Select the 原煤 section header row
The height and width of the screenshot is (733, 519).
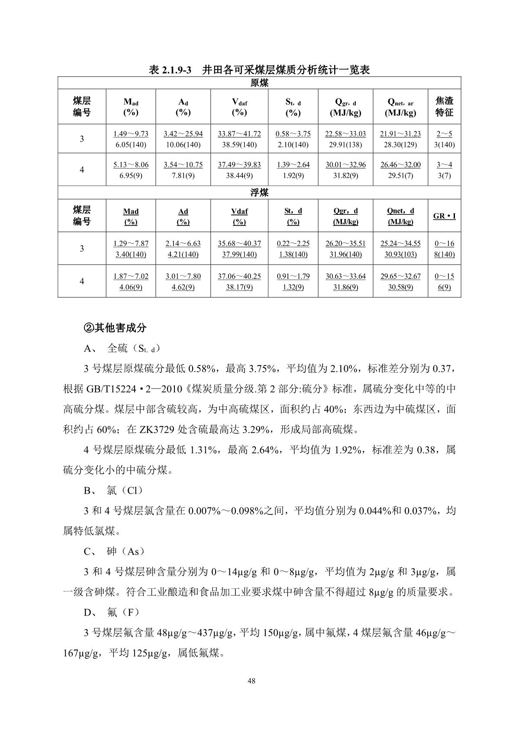pos(259,83)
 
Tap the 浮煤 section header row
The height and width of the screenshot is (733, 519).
pos(259,193)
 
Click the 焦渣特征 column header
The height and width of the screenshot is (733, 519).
pos(444,107)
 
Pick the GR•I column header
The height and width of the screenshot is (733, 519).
pos(444,216)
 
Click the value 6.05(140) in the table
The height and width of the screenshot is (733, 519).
pos(131,145)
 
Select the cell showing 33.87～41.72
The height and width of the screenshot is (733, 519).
pos(239,134)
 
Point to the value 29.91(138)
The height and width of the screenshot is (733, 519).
pos(345,145)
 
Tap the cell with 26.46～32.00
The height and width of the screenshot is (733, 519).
pos(400,165)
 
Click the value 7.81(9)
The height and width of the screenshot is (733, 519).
pos(183,175)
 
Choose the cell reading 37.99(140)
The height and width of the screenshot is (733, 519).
pos(239,254)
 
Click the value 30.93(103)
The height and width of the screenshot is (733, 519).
pos(400,254)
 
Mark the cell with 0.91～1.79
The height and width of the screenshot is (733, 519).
pos(293,276)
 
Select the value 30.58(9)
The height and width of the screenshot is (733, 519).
pos(400,287)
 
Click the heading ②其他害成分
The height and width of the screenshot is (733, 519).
pos(115,328)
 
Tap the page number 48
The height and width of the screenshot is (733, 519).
pos(251,681)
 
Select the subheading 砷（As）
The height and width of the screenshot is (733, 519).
pos(126,551)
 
